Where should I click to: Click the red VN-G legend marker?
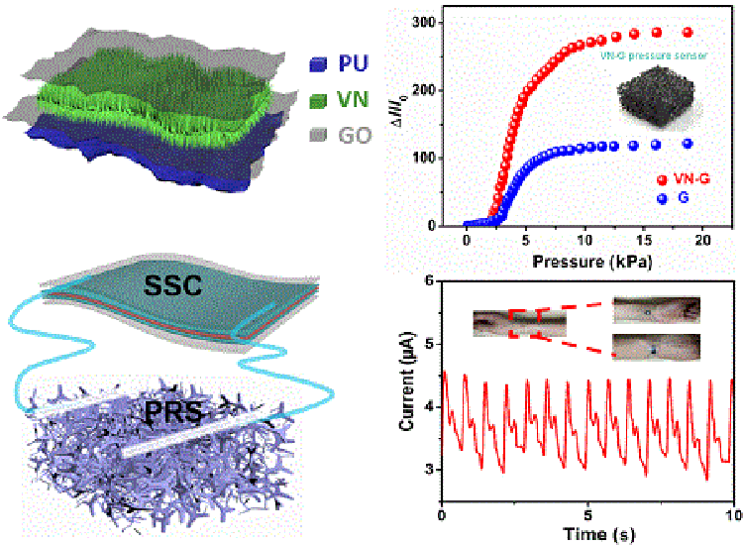click(x=662, y=179)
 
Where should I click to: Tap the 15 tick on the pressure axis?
click(x=645, y=241)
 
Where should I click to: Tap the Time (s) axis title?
click(x=588, y=534)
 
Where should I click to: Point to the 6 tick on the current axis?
click(x=429, y=282)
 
